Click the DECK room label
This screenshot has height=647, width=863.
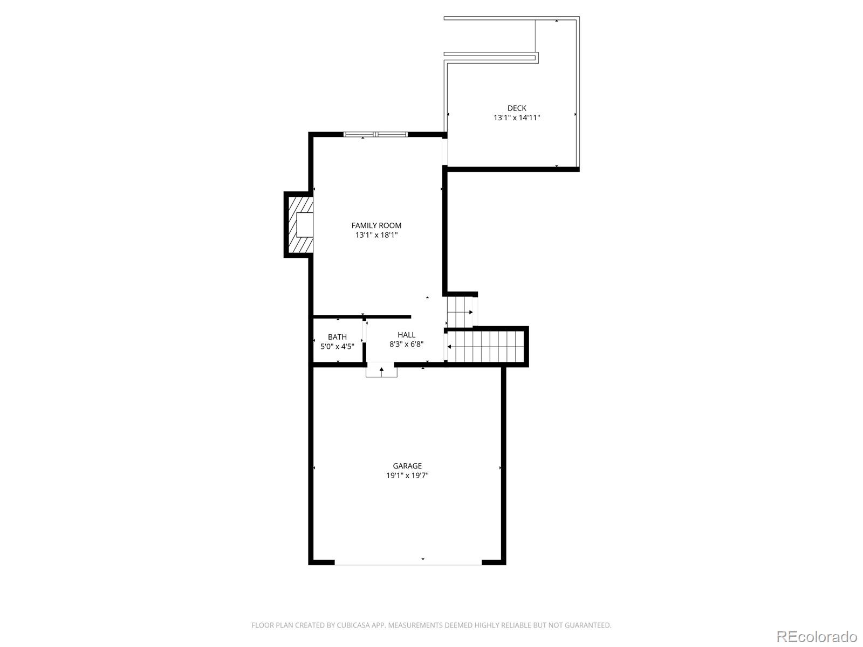pyautogui.click(x=517, y=108)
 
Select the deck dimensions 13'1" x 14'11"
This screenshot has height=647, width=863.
pyautogui.click(x=517, y=118)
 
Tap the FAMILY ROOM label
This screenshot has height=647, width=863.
pyautogui.click(x=376, y=225)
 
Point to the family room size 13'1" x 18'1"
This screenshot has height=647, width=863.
pyautogui.click(x=376, y=235)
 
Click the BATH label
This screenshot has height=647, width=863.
pyautogui.click(x=337, y=337)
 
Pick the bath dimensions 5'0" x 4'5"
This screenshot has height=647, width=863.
pyautogui.click(x=337, y=347)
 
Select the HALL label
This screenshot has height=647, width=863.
pyautogui.click(x=407, y=335)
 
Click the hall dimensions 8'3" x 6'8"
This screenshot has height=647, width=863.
pyautogui.click(x=407, y=344)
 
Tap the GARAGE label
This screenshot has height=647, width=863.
pyautogui.click(x=407, y=466)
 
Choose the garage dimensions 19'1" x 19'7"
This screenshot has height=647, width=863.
pyautogui.click(x=407, y=476)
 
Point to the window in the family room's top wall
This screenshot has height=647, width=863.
pyautogui.click(x=375, y=134)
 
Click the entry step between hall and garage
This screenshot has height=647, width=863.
pyautogui.click(x=381, y=371)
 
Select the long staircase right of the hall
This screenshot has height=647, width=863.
pyautogui.click(x=486, y=347)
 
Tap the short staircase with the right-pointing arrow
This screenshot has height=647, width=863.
pyautogui.click(x=460, y=312)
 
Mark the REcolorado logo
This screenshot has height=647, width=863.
pyautogui.click(x=817, y=636)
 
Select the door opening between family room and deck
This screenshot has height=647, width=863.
pyautogui.click(x=445, y=152)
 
